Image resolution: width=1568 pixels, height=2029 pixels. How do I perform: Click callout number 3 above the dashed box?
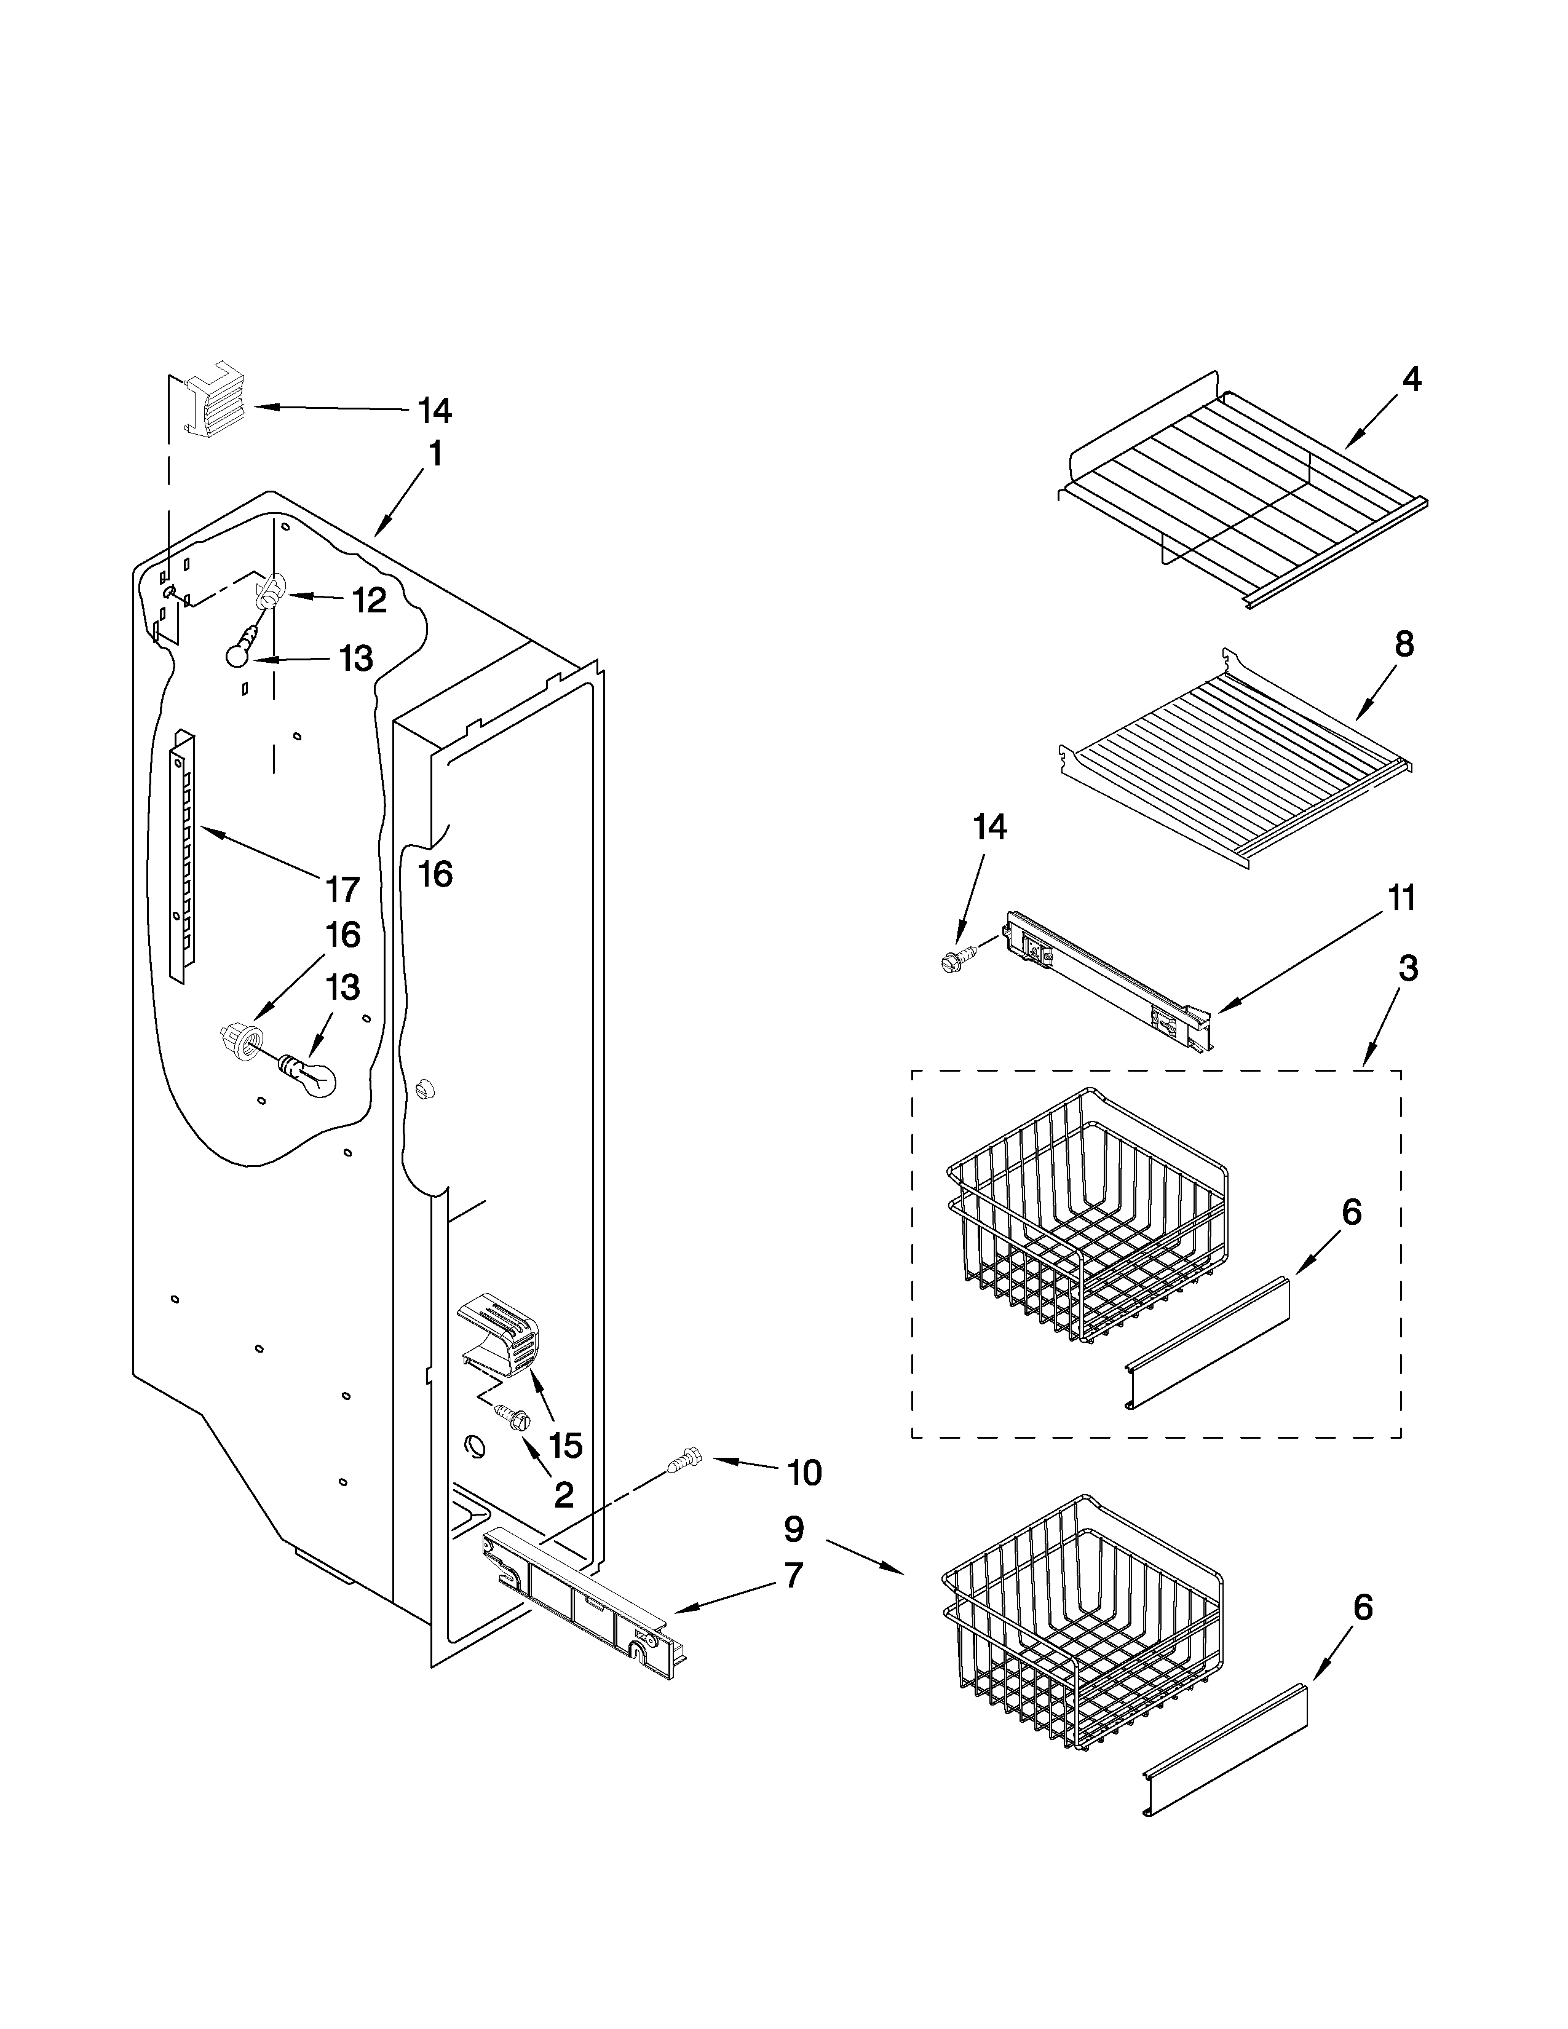(x=1408, y=969)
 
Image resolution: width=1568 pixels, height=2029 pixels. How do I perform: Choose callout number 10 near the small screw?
(x=804, y=1473)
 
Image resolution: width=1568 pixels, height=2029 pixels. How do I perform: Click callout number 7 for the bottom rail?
(x=793, y=1576)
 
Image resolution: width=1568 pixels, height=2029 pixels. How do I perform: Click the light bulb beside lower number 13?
(x=309, y=1073)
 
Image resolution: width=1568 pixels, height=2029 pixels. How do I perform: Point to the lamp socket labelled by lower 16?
(x=239, y=1040)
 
